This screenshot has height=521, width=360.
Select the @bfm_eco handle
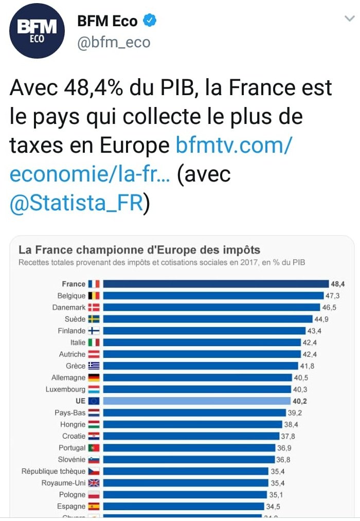click(114, 42)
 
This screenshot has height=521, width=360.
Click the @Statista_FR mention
click(76, 203)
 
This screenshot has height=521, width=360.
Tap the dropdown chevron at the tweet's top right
click(349, 19)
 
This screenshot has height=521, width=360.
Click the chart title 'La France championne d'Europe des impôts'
click(139, 250)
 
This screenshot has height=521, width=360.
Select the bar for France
click(215, 284)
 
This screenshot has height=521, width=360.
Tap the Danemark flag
click(94, 308)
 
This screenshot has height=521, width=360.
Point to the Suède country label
click(75, 319)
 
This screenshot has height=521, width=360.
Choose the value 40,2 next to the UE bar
click(301, 401)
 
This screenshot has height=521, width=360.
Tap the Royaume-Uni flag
click(94, 483)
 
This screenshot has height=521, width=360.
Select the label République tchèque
click(53, 471)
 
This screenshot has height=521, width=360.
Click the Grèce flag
click(94, 366)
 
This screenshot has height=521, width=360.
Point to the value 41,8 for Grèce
click(307, 366)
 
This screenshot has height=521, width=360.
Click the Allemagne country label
click(68, 378)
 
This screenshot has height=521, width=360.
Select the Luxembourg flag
click(94, 389)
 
